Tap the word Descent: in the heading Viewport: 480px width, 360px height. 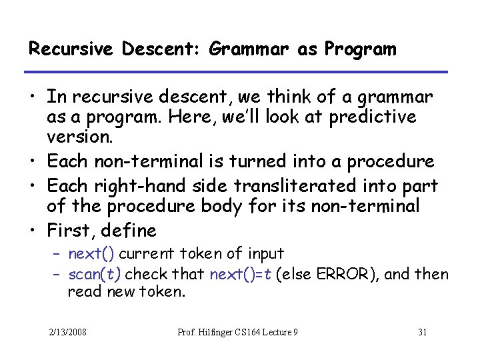[x=115, y=49]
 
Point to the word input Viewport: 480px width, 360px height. [x=265, y=253]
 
